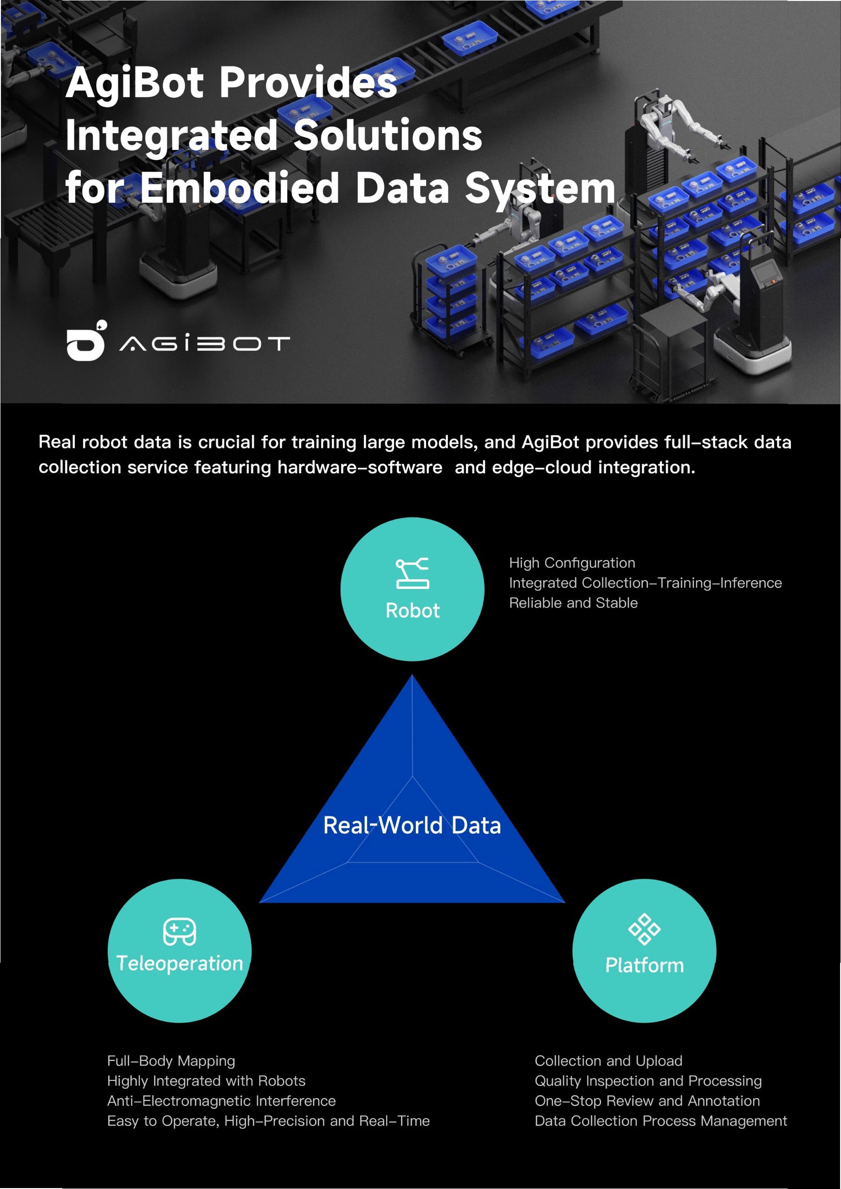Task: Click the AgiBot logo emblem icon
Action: point(86,341)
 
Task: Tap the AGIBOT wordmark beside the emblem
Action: point(205,343)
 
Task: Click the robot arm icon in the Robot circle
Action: point(412,573)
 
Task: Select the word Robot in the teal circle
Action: point(413,611)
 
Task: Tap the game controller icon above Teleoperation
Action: point(179,932)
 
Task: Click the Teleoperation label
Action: point(180,964)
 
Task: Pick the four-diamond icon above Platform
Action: point(644,929)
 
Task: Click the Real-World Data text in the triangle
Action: point(412,825)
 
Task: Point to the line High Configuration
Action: point(572,563)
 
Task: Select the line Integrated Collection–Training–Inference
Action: point(645,583)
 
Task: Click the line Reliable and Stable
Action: point(573,603)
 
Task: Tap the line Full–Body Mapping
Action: point(171,1061)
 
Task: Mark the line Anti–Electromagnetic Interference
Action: point(221,1101)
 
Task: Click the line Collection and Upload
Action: point(608,1061)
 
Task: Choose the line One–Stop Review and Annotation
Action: point(647,1101)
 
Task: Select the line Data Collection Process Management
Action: point(661,1121)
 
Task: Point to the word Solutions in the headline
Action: point(388,136)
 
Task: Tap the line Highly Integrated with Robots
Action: point(206,1081)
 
